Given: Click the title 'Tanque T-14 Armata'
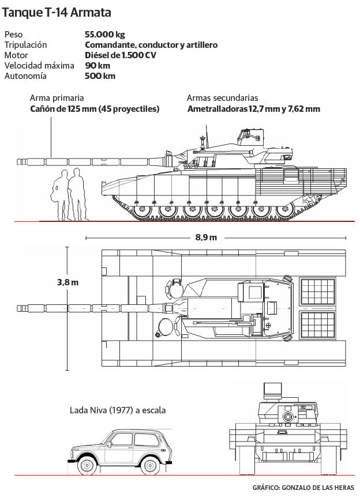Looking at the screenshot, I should pos(57,13).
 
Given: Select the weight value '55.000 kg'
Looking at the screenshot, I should pos(104,35).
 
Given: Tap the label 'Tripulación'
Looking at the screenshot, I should pos(25,45).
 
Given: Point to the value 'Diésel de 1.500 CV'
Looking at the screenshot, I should pos(120,55).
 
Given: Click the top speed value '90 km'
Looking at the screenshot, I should pos(97,66).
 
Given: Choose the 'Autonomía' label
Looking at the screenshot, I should pos(25,76).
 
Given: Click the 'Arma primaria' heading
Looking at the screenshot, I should pos(57,98).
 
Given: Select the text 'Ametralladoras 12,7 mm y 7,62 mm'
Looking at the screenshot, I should pos(253,109).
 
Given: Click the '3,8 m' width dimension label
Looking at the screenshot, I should pos(67,282).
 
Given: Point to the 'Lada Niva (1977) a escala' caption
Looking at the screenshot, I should pos(117,410).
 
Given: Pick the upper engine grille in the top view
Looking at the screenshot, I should pos(318,292).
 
